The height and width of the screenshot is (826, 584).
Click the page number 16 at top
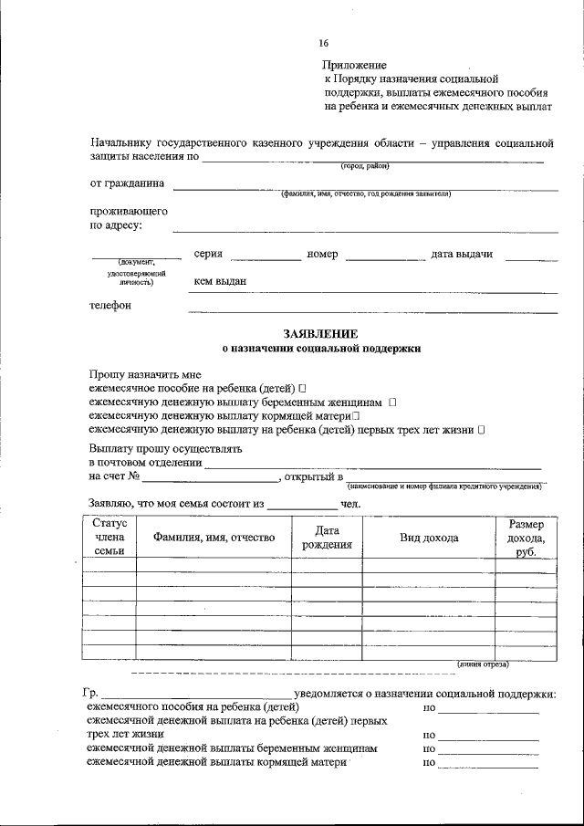[x=324, y=43]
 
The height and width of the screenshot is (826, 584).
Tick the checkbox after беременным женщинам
[x=392, y=402]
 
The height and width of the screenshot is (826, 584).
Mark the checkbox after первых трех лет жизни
[x=481, y=428]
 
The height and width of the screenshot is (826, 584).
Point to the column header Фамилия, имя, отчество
[x=214, y=538]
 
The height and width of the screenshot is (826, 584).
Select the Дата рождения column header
[x=327, y=538]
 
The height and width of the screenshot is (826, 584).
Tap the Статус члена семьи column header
[x=109, y=538]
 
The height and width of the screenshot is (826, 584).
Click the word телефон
[x=110, y=306]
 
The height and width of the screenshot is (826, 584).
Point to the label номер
[x=323, y=255]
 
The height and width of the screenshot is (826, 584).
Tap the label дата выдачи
[x=462, y=255]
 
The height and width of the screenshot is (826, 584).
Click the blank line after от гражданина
[x=365, y=187]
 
